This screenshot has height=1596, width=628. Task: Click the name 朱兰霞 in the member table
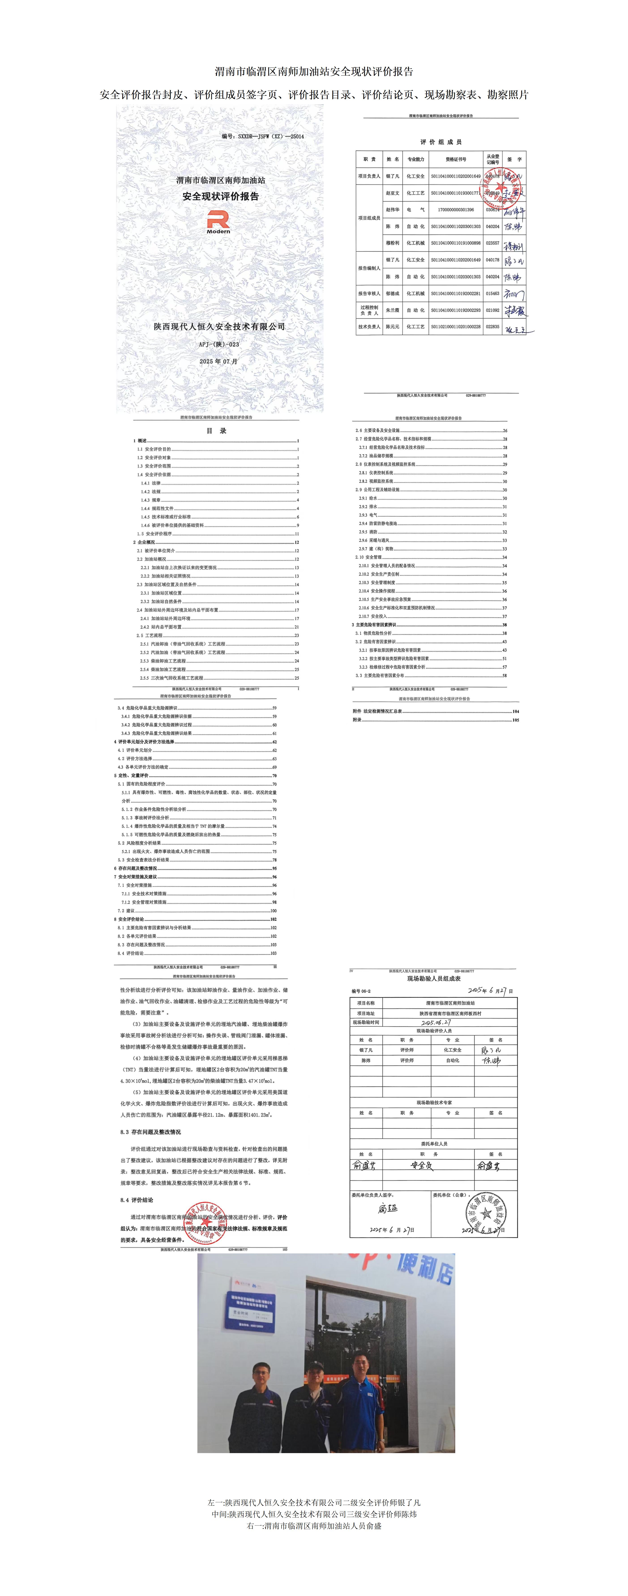pos(392,310)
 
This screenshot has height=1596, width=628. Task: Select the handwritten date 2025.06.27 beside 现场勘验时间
pos(436,1023)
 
